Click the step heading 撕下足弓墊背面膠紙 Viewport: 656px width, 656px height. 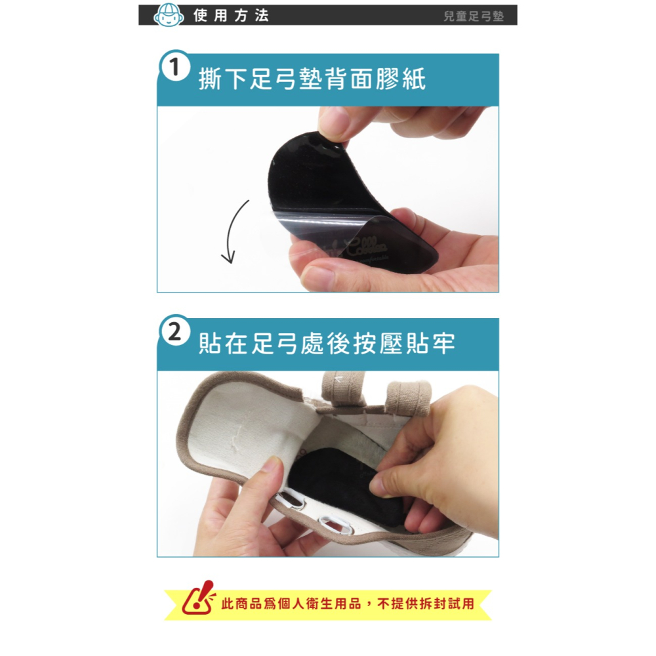pos(312,79)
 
